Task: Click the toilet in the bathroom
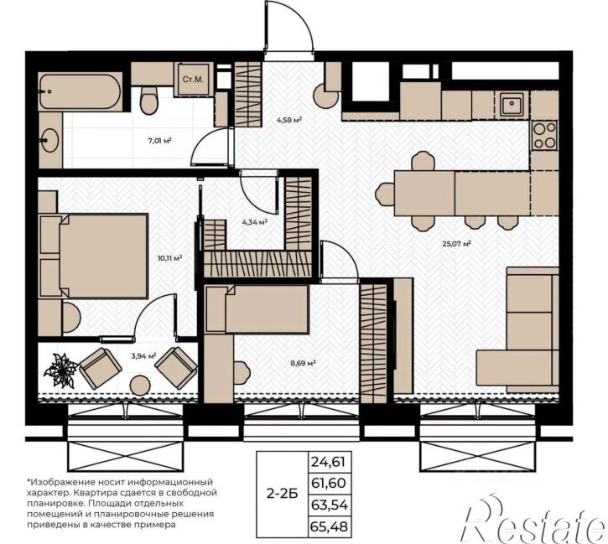(148, 101)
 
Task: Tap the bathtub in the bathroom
(81, 92)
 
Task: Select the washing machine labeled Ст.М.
(193, 80)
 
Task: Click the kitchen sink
(512, 103)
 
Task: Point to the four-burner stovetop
(544, 135)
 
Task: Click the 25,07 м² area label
(456, 244)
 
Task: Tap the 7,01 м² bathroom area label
(159, 141)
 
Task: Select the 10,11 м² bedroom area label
(170, 257)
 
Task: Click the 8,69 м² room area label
(303, 363)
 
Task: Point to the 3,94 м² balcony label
(143, 355)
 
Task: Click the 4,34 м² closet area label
(255, 222)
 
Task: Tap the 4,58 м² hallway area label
(288, 120)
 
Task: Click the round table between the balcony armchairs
(139, 385)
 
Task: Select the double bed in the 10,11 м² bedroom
(93, 256)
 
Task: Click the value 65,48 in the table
(329, 526)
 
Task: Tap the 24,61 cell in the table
(328, 462)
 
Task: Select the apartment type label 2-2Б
(282, 494)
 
